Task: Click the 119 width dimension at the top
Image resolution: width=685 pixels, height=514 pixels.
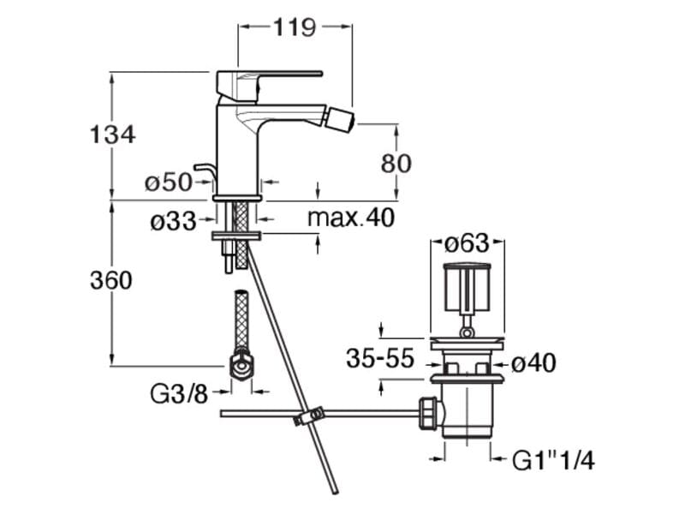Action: coord(294,27)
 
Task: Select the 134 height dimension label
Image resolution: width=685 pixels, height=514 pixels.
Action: coord(112,134)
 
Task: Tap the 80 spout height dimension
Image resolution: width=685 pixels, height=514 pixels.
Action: coord(396,164)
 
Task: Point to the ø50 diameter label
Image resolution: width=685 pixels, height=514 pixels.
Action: coord(169,182)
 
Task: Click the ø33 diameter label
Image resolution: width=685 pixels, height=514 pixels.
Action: coord(173,221)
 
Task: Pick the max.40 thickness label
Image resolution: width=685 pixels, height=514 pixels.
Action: coord(351,217)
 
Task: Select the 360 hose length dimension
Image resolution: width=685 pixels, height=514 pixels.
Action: coord(111,280)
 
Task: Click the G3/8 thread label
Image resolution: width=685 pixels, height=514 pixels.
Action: coord(179,394)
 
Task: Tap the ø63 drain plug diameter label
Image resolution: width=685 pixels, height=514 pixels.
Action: coord(467,243)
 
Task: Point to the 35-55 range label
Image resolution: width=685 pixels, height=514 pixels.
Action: coord(380,358)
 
